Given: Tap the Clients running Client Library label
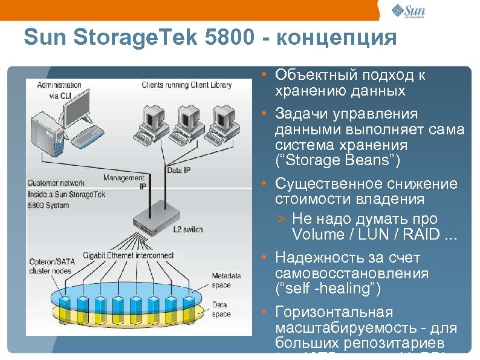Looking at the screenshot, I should point(187,85).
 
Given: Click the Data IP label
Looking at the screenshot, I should point(178,171).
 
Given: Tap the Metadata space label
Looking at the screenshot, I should point(225,280).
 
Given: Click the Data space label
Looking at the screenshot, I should point(221,310).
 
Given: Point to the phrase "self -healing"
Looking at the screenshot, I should point(328,289).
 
